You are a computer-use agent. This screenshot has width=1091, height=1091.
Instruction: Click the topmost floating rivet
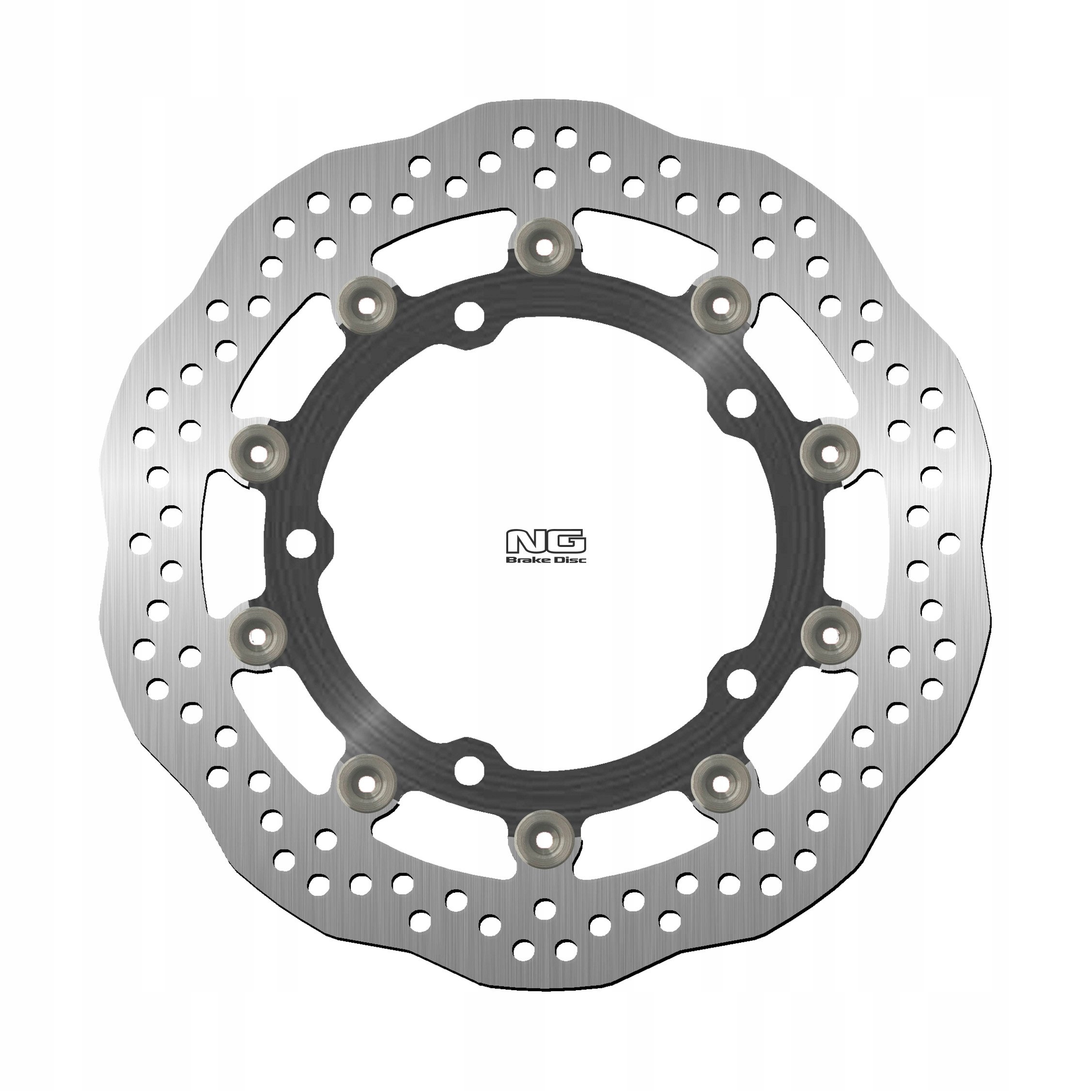[x=545, y=247]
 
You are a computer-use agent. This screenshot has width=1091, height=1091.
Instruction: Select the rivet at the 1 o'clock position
[x=720, y=306]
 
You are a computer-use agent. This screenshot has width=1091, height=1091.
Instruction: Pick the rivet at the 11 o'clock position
[x=369, y=306]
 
